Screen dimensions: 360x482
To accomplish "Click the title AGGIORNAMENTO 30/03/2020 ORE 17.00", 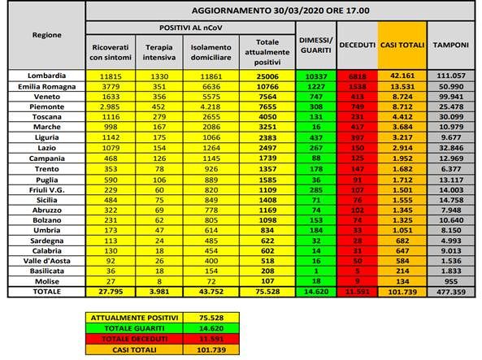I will coord(279,10).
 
